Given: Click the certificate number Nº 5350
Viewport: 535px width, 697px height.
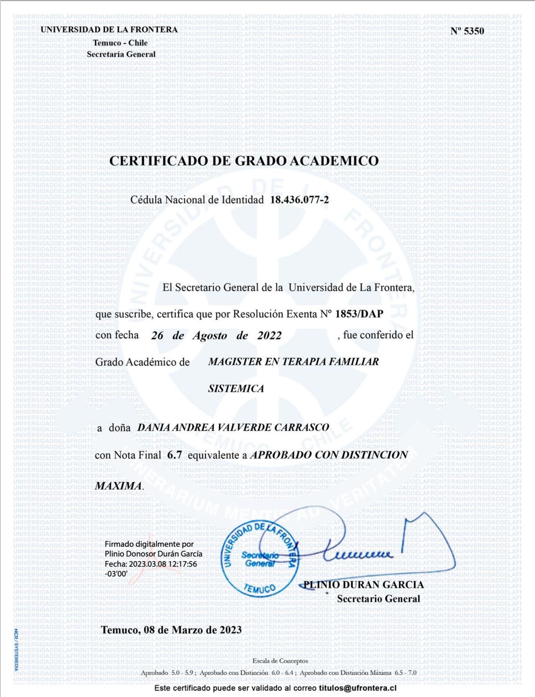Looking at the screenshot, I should pyautogui.click(x=467, y=31).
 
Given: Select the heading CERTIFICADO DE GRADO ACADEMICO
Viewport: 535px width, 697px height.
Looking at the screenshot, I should pyautogui.click(x=244, y=161).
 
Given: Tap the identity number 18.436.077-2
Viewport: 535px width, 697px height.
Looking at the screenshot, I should pyautogui.click(x=299, y=200).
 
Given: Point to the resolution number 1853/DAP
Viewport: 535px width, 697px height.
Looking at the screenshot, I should pyautogui.click(x=359, y=314).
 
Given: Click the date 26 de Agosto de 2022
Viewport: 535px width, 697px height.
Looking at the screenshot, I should pyautogui.click(x=216, y=336).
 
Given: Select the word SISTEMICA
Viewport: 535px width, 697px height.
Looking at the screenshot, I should pyautogui.click(x=236, y=389).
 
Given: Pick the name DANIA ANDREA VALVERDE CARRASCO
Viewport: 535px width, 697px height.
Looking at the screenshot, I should pyautogui.click(x=233, y=427).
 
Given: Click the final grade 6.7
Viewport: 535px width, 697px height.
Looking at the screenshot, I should pyautogui.click(x=174, y=455).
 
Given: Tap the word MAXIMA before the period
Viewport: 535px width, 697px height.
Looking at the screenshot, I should pyautogui.click(x=118, y=486).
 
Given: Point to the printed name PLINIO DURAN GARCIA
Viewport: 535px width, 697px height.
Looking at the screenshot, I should pyautogui.click(x=363, y=585).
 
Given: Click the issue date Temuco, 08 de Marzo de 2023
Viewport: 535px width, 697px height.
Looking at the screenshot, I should pyautogui.click(x=171, y=630).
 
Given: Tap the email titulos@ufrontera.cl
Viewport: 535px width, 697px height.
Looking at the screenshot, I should pyautogui.click(x=357, y=688).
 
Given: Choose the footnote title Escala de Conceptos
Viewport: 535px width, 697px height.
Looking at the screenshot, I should pyautogui.click(x=280, y=661).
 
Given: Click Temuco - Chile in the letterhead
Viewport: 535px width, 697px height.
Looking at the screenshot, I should pyautogui.click(x=120, y=43).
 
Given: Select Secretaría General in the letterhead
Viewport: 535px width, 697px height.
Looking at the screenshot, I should pyautogui.click(x=121, y=54).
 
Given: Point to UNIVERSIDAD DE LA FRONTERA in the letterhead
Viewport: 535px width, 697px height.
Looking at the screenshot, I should pyautogui.click(x=109, y=30).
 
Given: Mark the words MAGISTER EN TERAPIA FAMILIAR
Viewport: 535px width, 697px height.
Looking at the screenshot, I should pyautogui.click(x=293, y=362).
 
